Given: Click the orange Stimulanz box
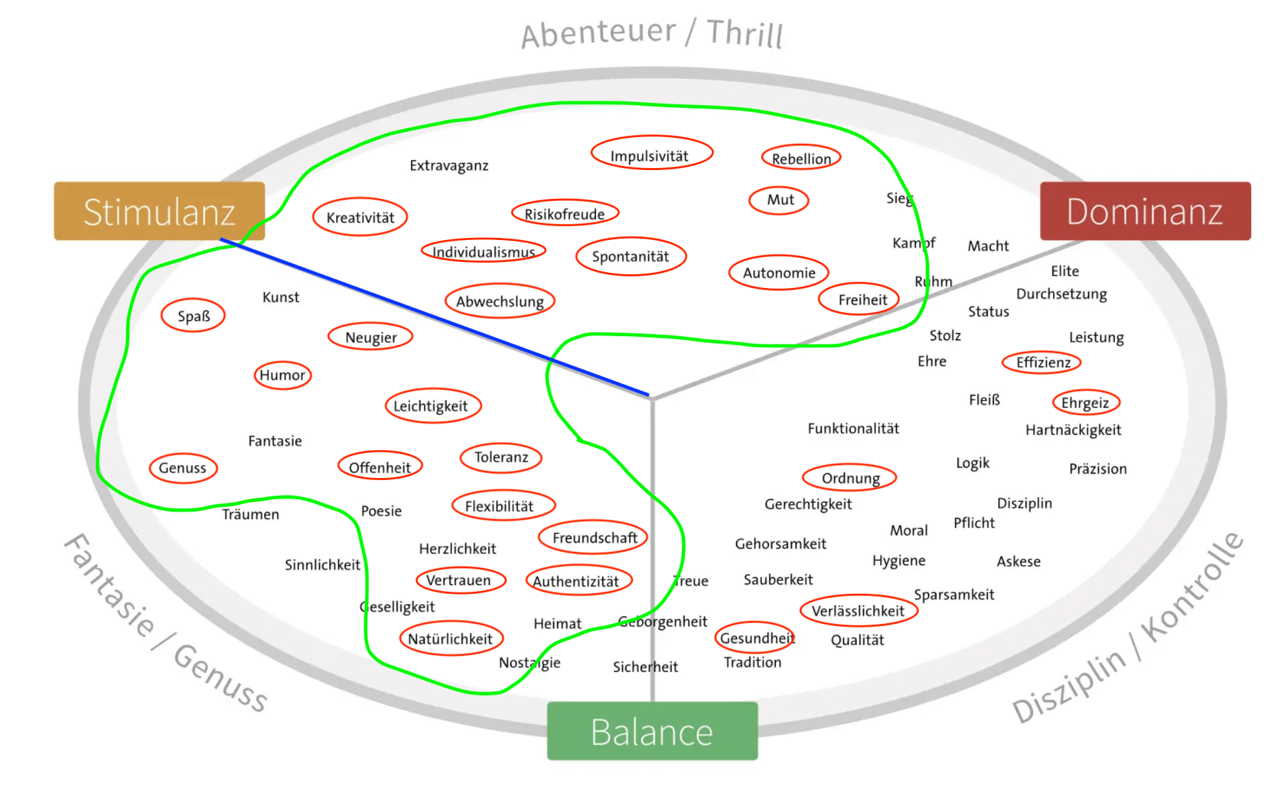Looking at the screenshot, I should point(159,211).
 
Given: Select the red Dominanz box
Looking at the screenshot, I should point(1144,211).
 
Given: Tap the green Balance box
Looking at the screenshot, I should point(652,731).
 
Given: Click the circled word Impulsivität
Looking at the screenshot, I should point(650,156).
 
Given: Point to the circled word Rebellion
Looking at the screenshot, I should point(801,158).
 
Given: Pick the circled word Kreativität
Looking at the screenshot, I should point(360,217).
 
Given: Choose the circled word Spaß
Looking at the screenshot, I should point(193,316).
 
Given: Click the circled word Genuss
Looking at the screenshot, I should point(182,468).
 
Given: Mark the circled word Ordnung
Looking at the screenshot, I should point(850,478).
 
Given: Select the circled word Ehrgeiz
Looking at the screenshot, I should point(1085,403).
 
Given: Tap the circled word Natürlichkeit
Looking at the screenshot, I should point(451,639).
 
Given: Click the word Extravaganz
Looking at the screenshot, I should point(449,165).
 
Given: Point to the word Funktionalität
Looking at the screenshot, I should point(853,429).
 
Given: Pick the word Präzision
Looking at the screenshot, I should point(1098,469).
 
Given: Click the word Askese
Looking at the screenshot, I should point(1018,562).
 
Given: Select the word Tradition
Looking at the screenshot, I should point(752,662).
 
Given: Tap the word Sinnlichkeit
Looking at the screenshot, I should point(322,565).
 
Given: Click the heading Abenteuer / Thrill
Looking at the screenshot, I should point(652,33).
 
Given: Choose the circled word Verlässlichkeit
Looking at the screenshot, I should point(858,611).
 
